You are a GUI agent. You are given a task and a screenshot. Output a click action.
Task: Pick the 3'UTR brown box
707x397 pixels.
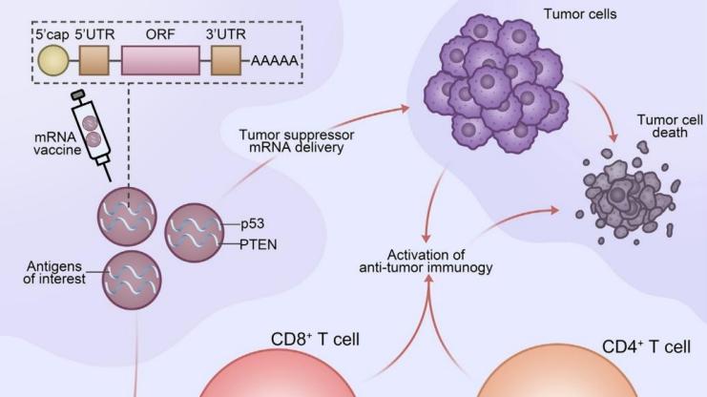click(x=226, y=62)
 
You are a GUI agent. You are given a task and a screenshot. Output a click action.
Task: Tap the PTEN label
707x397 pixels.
click(x=258, y=244)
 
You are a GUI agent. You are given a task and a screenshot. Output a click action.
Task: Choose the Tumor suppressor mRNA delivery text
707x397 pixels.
click(x=289, y=140)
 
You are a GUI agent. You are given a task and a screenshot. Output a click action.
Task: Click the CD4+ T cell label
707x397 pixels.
click(x=646, y=347)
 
